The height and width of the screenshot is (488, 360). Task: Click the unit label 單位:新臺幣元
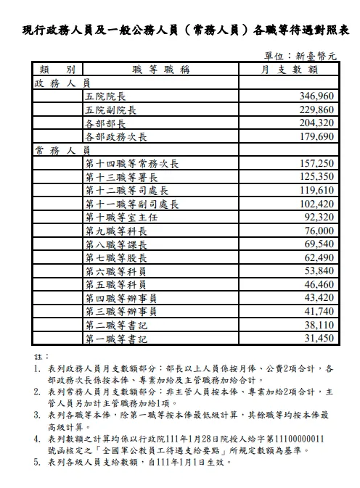pyautogui.click(x=301, y=55)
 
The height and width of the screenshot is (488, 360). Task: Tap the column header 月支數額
pyautogui.click(x=289, y=70)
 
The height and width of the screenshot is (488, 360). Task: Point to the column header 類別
pyautogui.click(x=57, y=70)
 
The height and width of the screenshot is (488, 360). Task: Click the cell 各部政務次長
pyautogui.click(x=116, y=137)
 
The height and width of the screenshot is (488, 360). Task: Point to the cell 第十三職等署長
pyautogui.click(x=121, y=177)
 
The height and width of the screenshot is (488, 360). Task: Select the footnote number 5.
pyautogui.click(x=38, y=461)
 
